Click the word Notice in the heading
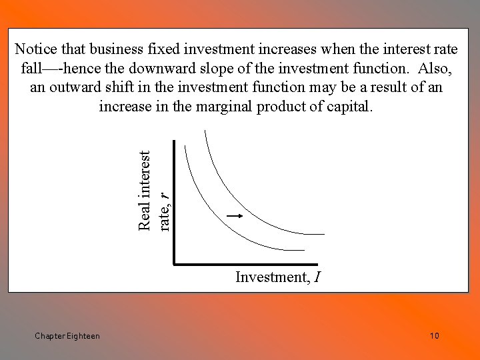(x=37, y=49)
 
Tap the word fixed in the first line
(x=165, y=49)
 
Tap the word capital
(x=348, y=107)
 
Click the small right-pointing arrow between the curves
(x=233, y=216)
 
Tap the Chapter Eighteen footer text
(x=67, y=336)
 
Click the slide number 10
(x=434, y=336)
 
